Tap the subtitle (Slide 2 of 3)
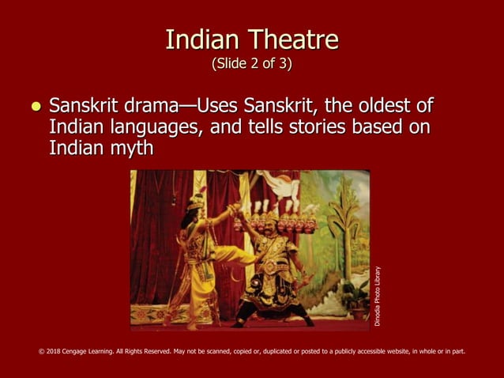tap(252, 63)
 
